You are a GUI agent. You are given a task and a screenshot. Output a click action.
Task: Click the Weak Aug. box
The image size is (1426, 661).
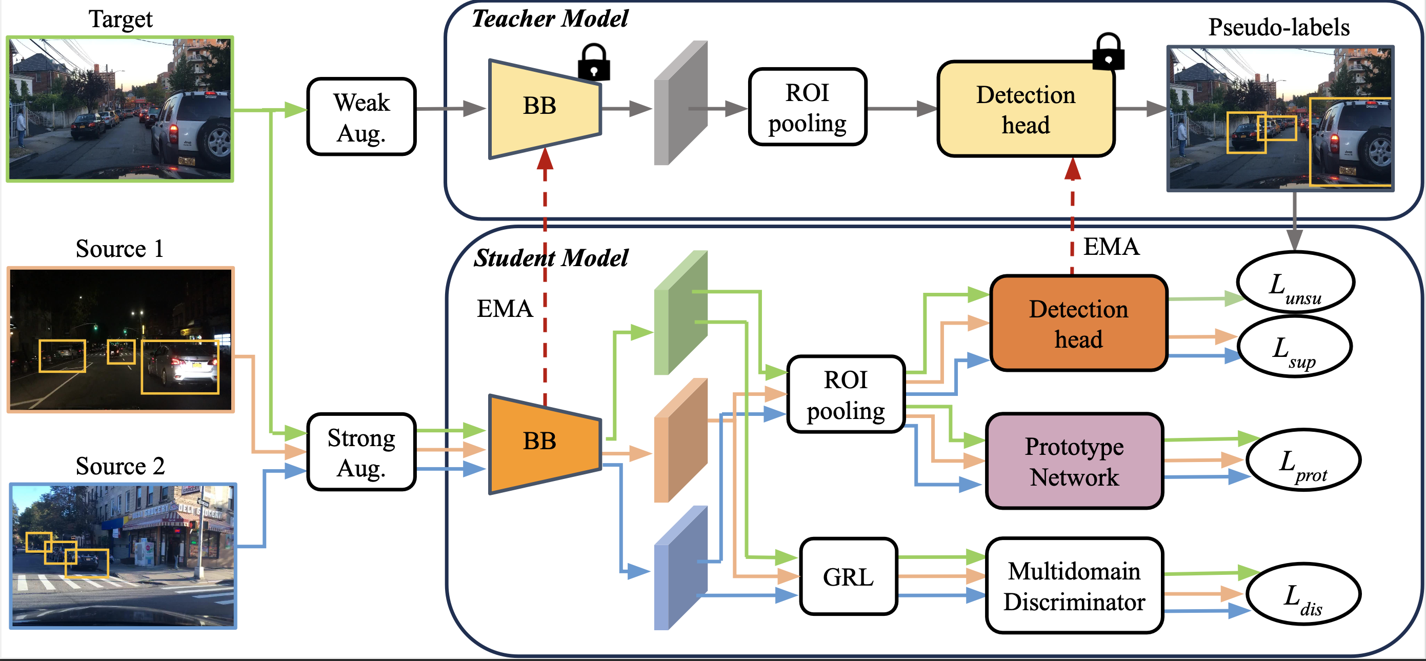pos(361,117)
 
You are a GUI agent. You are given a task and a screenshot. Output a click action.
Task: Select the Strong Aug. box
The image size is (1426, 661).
pos(361,452)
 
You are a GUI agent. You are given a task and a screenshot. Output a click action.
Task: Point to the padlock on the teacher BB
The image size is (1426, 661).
pos(593,62)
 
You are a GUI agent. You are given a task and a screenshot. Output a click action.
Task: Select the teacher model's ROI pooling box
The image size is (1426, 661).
pos(807,107)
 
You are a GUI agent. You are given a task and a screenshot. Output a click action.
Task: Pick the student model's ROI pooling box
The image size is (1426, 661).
pos(846,394)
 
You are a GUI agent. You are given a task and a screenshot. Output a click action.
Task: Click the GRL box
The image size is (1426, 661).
pos(848,577)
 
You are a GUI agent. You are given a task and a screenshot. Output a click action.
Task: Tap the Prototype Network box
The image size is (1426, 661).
pos(1074,461)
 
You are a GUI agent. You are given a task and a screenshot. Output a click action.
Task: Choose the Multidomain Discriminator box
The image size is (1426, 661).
pos(1074,586)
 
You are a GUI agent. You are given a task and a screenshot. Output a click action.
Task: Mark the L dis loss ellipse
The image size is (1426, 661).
pos(1303,594)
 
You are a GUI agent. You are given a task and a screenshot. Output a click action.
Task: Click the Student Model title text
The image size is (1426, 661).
pos(551,258)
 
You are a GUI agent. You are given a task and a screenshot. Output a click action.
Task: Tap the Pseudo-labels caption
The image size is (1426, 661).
pos(1279,27)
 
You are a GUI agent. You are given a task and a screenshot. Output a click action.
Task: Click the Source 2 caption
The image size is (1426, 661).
pos(120,466)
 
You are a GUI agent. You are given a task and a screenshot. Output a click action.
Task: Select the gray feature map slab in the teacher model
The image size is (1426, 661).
pos(680,104)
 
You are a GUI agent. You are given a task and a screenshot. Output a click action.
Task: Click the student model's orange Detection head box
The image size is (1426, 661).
pos(1078,323)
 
